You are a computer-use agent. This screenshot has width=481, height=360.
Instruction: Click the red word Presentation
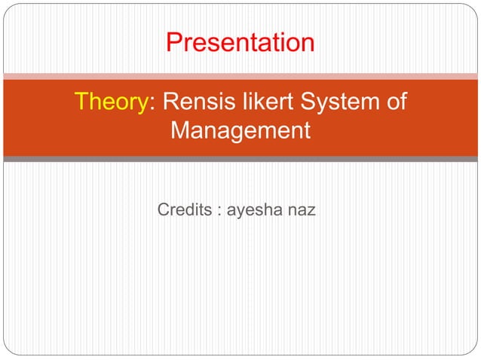(x=240, y=42)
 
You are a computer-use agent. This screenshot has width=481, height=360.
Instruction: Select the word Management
(x=240, y=131)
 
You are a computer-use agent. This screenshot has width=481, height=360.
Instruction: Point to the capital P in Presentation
(x=174, y=42)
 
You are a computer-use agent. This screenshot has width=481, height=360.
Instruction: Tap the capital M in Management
(x=181, y=131)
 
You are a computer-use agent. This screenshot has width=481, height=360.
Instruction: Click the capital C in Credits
(x=164, y=209)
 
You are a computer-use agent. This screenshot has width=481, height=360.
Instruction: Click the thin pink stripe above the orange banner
(x=240, y=75)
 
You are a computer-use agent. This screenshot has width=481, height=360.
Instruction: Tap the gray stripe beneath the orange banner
(x=240, y=159)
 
